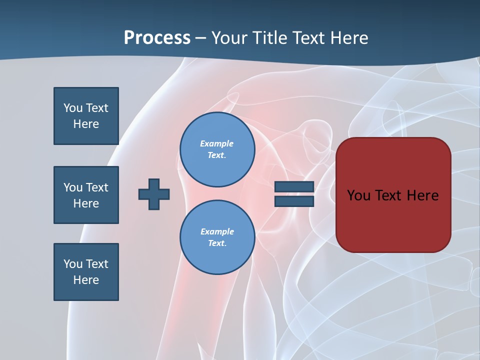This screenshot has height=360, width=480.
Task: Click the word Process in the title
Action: pos(157,38)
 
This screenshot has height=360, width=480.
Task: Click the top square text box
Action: pos(86,116)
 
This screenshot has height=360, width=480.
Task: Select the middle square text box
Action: pos(86,195)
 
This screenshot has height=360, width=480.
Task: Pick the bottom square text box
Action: pos(86,272)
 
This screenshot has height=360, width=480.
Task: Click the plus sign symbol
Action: pos(154,194)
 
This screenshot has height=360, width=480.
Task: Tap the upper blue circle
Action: pos(217,149)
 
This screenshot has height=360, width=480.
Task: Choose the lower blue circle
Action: pos(217,237)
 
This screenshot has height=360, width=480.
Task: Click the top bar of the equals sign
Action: pos(294,187)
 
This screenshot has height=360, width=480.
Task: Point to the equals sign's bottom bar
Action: pos(294,201)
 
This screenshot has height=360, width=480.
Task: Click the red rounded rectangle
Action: pos(393,220)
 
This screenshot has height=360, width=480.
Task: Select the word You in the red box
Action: pos(358,195)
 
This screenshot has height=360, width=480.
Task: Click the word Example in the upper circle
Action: pos(217,143)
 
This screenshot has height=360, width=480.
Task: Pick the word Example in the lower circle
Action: pos(217,231)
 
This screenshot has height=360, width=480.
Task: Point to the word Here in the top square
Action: pos(86,124)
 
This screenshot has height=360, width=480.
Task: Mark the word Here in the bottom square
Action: pos(86,280)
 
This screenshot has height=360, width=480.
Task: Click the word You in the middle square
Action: pos(73,187)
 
